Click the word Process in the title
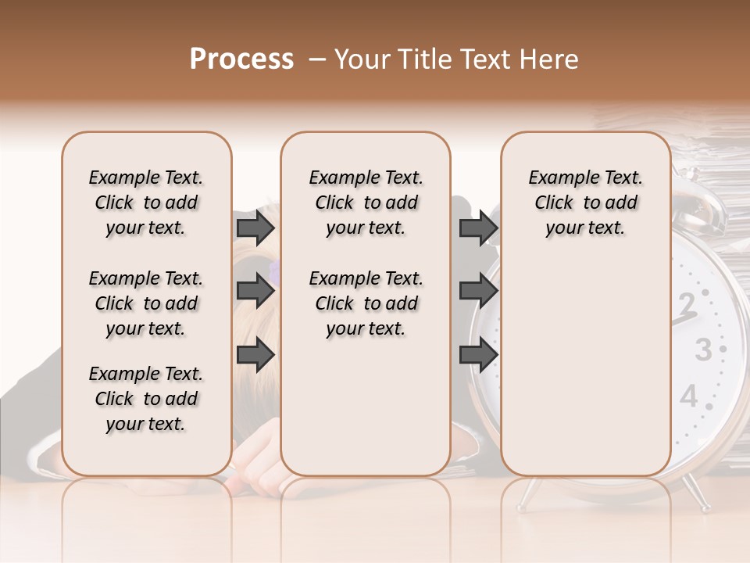pos(241,59)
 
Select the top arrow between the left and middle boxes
pos(255,228)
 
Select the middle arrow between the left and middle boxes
pos(255,292)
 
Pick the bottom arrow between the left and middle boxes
pos(255,355)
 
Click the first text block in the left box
pos(146,203)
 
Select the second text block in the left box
pos(146,303)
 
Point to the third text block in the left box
pos(146,399)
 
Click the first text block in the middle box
pos(366,203)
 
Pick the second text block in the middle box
pos(366,303)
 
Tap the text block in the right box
pos(585,203)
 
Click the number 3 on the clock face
pos(704,350)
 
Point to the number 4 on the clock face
pos(688,396)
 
